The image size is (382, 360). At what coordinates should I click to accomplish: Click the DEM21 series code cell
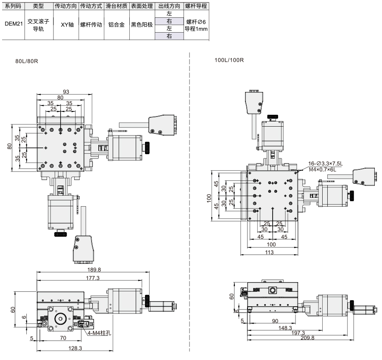14,24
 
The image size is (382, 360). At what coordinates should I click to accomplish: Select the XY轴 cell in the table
67,25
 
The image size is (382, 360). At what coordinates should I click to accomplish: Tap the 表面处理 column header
142,6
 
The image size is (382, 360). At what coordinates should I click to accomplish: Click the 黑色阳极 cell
142,25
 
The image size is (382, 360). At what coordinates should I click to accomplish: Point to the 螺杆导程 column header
196,6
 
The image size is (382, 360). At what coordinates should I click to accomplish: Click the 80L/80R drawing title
27,61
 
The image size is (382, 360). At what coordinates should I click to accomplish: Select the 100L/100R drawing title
229,60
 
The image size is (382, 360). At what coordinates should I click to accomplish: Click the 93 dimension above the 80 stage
66,91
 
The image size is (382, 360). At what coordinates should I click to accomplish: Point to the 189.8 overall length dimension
94,269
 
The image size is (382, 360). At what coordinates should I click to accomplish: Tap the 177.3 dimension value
92,278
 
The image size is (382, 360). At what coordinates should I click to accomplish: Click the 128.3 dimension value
75,348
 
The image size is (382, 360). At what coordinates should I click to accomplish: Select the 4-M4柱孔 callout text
99,333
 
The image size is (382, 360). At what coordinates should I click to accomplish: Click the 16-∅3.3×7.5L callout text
325,163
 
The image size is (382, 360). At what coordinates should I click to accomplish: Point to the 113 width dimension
269,252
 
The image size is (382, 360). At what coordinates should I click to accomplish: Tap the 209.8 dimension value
307,338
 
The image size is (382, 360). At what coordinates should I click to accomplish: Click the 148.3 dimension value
285,328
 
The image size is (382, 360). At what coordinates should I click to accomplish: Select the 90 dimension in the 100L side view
275,321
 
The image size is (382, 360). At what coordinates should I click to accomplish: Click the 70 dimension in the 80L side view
63,338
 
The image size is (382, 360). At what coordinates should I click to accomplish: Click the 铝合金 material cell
117,25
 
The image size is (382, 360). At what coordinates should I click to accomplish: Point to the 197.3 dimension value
298,333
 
